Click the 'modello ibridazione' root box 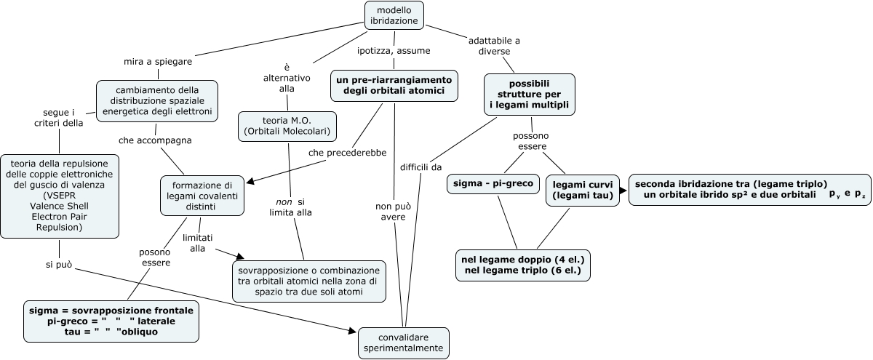point(394,15)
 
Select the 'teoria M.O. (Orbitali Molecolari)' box point(287,125)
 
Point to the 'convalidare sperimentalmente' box point(404,343)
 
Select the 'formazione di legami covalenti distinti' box point(197,196)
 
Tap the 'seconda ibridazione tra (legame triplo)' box point(749,189)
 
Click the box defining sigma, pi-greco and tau point(111,321)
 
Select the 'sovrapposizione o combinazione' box point(309,280)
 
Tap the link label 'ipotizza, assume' point(394,51)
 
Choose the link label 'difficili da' point(420,167)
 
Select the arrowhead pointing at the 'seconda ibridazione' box point(623,190)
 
